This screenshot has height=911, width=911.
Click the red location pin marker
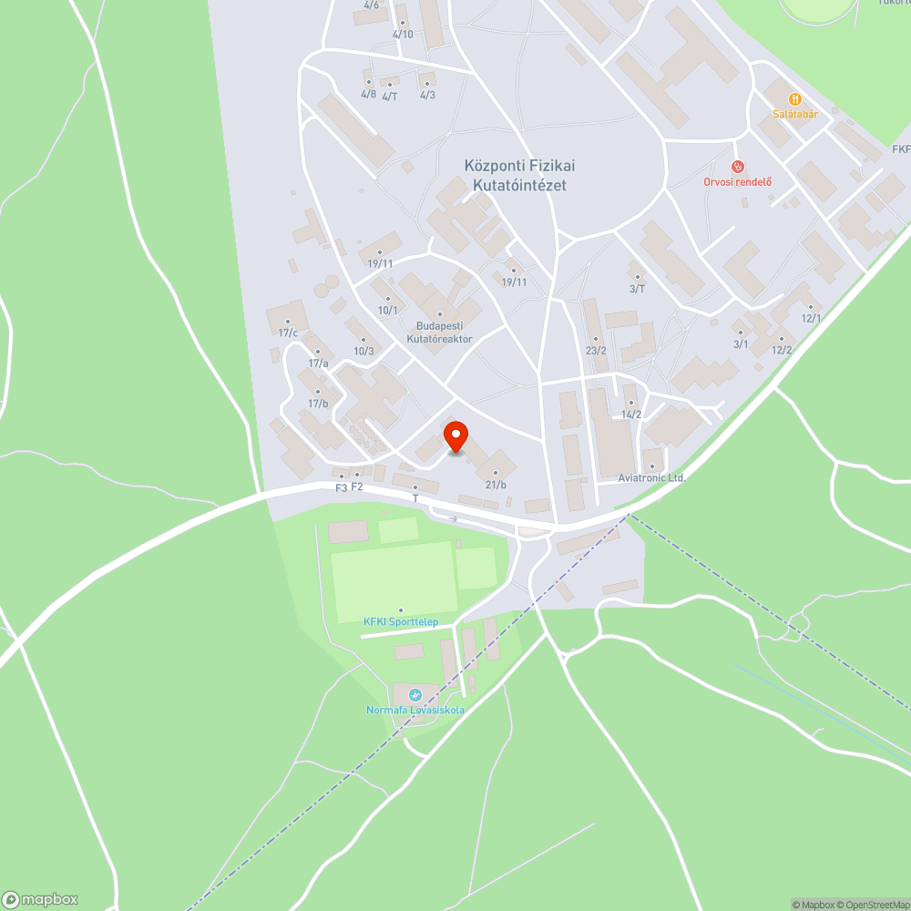coord(455,436)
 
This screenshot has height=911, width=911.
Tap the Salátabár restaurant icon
coord(794,98)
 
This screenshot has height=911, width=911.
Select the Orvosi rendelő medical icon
coord(738,167)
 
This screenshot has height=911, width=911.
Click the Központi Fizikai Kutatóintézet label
coord(520,175)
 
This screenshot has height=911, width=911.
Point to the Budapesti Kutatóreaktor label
coord(440,332)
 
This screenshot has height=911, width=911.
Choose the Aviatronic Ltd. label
coord(650,477)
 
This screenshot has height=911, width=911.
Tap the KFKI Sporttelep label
coord(401,621)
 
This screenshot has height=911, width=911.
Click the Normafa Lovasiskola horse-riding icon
coord(416,695)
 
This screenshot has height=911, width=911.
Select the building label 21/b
coord(496,485)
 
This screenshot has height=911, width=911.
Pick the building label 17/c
coord(289,333)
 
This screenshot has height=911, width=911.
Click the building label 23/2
coord(596,351)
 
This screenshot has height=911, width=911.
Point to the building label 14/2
coord(631,415)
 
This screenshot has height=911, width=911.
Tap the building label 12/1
coord(811,318)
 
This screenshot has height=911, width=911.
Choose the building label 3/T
coord(637,289)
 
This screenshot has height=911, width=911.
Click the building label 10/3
coord(363,351)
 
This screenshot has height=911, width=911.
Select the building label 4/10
coord(403,35)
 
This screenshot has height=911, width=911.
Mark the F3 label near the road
coord(342,487)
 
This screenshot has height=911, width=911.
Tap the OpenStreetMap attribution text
coord(873,905)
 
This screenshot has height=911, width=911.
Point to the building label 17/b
coord(318,404)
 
